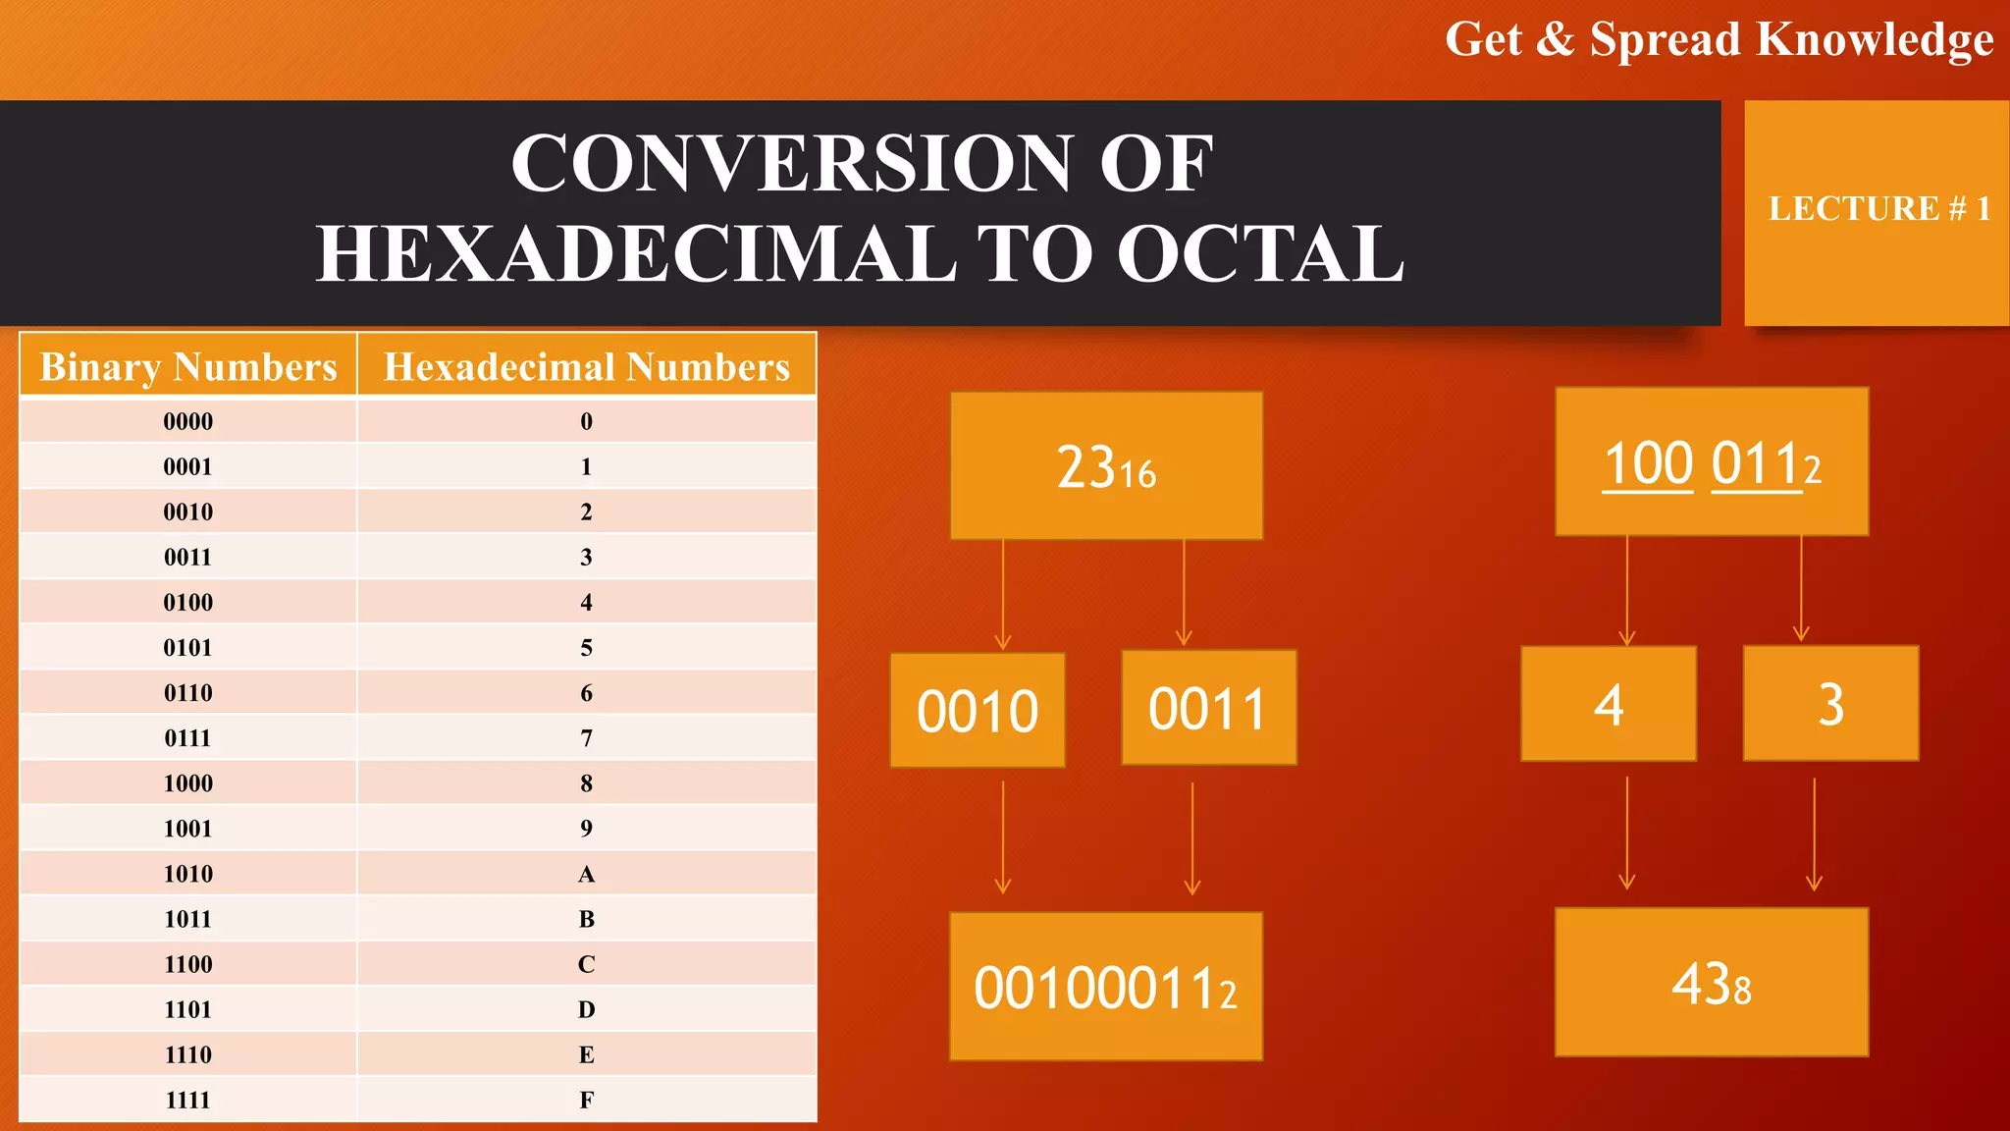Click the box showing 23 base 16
pos(1106,466)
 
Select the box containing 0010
pos(978,710)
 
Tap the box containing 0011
pos(1208,708)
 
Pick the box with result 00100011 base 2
pos(1106,986)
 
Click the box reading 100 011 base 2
pos(1712,461)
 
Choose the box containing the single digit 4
pos(1609,704)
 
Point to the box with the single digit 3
pos(1830,703)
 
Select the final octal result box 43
pos(1712,982)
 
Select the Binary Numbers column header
pos(188,366)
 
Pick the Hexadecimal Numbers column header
pos(587,366)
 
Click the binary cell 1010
pos(188,874)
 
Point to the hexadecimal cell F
pos(587,1100)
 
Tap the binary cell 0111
pos(188,738)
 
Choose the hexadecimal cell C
pos(587,964)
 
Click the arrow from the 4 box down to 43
pos(1627,833)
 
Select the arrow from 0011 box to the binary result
pos(1192,837)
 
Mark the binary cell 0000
pos(188,421)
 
